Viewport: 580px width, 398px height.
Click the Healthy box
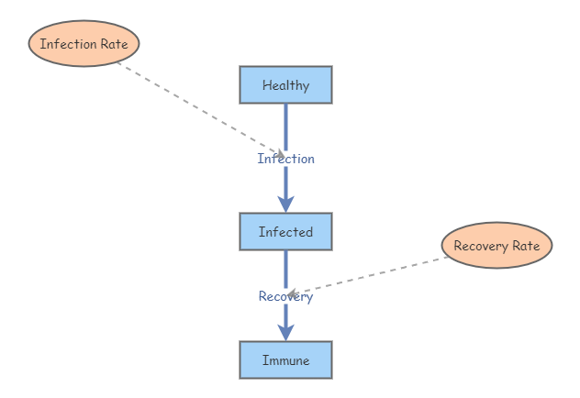pos(285,85)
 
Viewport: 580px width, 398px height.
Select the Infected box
pos(285,232)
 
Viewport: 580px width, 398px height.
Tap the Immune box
pos(285,360)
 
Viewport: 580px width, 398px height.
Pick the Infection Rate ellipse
pos(84,44)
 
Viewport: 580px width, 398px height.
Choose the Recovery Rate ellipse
pos(496,246)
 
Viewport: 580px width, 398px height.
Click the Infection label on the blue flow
pos(285,159)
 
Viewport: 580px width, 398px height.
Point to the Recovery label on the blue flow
pos(285,296)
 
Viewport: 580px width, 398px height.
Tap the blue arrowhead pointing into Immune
pos(285,332)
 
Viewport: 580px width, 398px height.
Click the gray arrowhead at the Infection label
pos(279,154)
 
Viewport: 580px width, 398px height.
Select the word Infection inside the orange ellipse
pos(69,44)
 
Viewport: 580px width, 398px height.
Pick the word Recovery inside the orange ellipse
pos(482,246)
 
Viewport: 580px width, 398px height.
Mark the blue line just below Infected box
pos(285,266)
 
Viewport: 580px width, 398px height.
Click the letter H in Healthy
pos(266,85)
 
